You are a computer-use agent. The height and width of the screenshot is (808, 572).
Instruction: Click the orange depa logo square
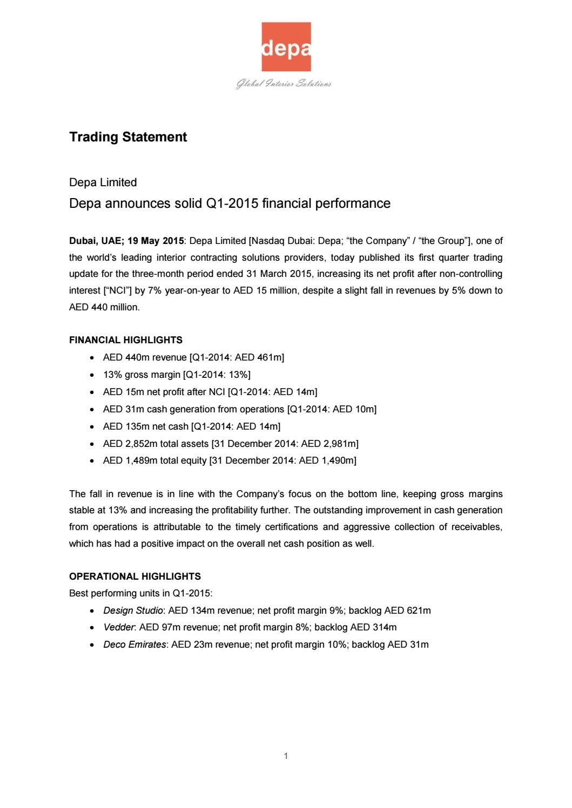point(286,46)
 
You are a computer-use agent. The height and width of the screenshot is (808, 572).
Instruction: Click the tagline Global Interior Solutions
point(284,84)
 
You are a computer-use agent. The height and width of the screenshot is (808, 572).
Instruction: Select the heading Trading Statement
point(128,137)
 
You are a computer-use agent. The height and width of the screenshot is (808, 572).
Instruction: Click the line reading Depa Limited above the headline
point(103,182)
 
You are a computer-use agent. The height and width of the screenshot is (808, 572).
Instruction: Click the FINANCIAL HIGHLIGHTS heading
point(126,340)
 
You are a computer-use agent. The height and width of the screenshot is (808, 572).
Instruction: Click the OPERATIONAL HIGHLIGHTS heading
point(135,576)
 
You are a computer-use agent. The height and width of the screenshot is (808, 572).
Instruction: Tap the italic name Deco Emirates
point(134,644)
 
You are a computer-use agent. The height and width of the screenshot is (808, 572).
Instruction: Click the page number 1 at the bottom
point(286,756)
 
